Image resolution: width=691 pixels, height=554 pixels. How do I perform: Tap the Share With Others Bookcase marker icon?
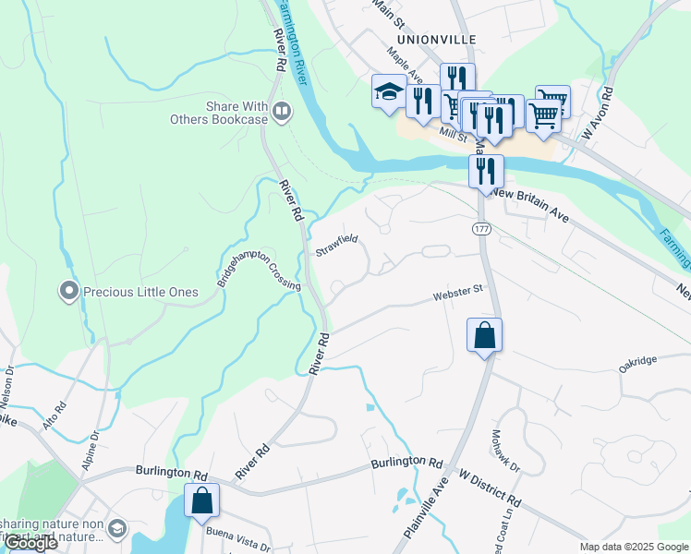282,113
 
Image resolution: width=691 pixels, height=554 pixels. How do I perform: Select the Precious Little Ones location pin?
68,293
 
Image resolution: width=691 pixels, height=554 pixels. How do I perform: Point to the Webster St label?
459,293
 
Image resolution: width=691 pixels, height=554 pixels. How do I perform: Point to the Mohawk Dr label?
505,451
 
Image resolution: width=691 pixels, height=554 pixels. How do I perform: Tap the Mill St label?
453,135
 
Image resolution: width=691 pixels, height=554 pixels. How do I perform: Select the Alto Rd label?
55,416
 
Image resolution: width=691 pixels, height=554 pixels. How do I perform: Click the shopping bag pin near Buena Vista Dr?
201,501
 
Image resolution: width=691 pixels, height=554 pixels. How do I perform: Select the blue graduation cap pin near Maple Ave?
389,90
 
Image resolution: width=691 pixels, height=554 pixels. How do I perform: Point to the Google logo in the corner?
30,543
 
